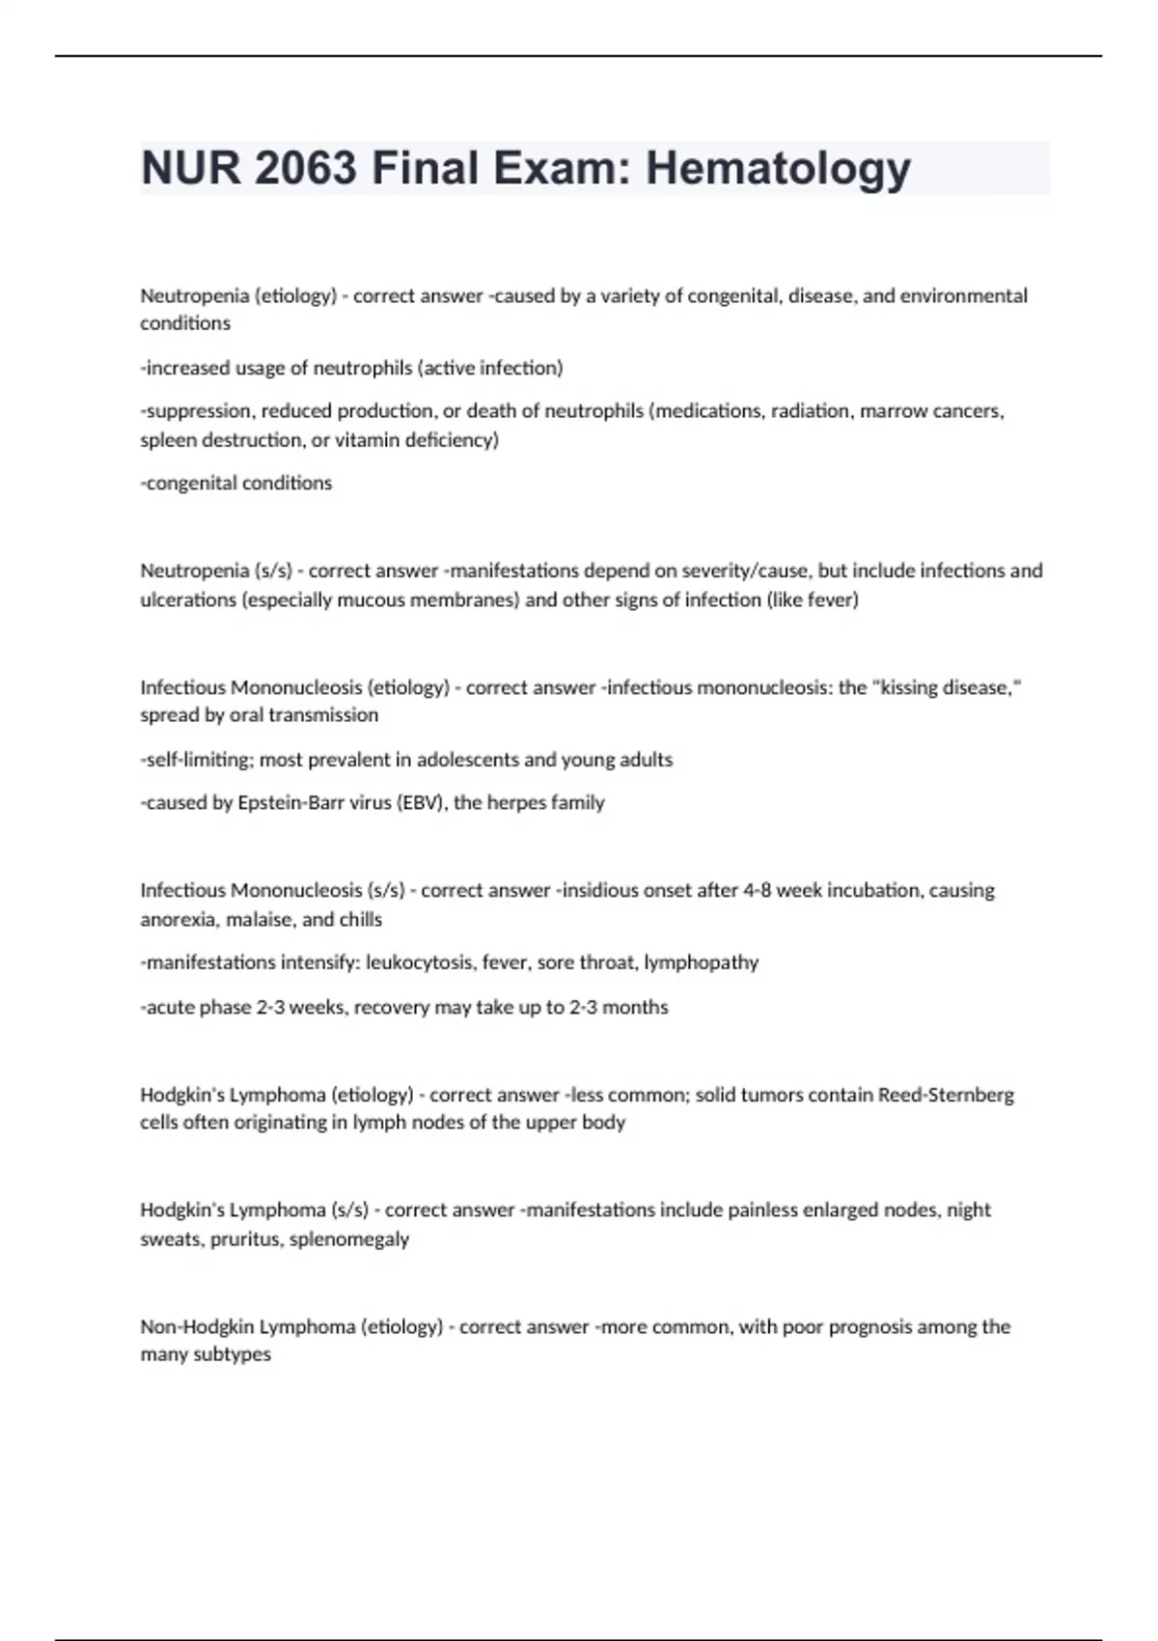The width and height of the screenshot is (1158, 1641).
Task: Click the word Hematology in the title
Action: click(x=778, y=169)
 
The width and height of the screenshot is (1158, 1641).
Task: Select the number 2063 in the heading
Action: click(x=306, y=169)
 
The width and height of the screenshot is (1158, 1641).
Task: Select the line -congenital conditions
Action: click(x=236, y=483)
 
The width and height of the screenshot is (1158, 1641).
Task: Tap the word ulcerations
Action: click(x=188, y=599)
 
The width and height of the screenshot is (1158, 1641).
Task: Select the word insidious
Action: click(x=599, y=890)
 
